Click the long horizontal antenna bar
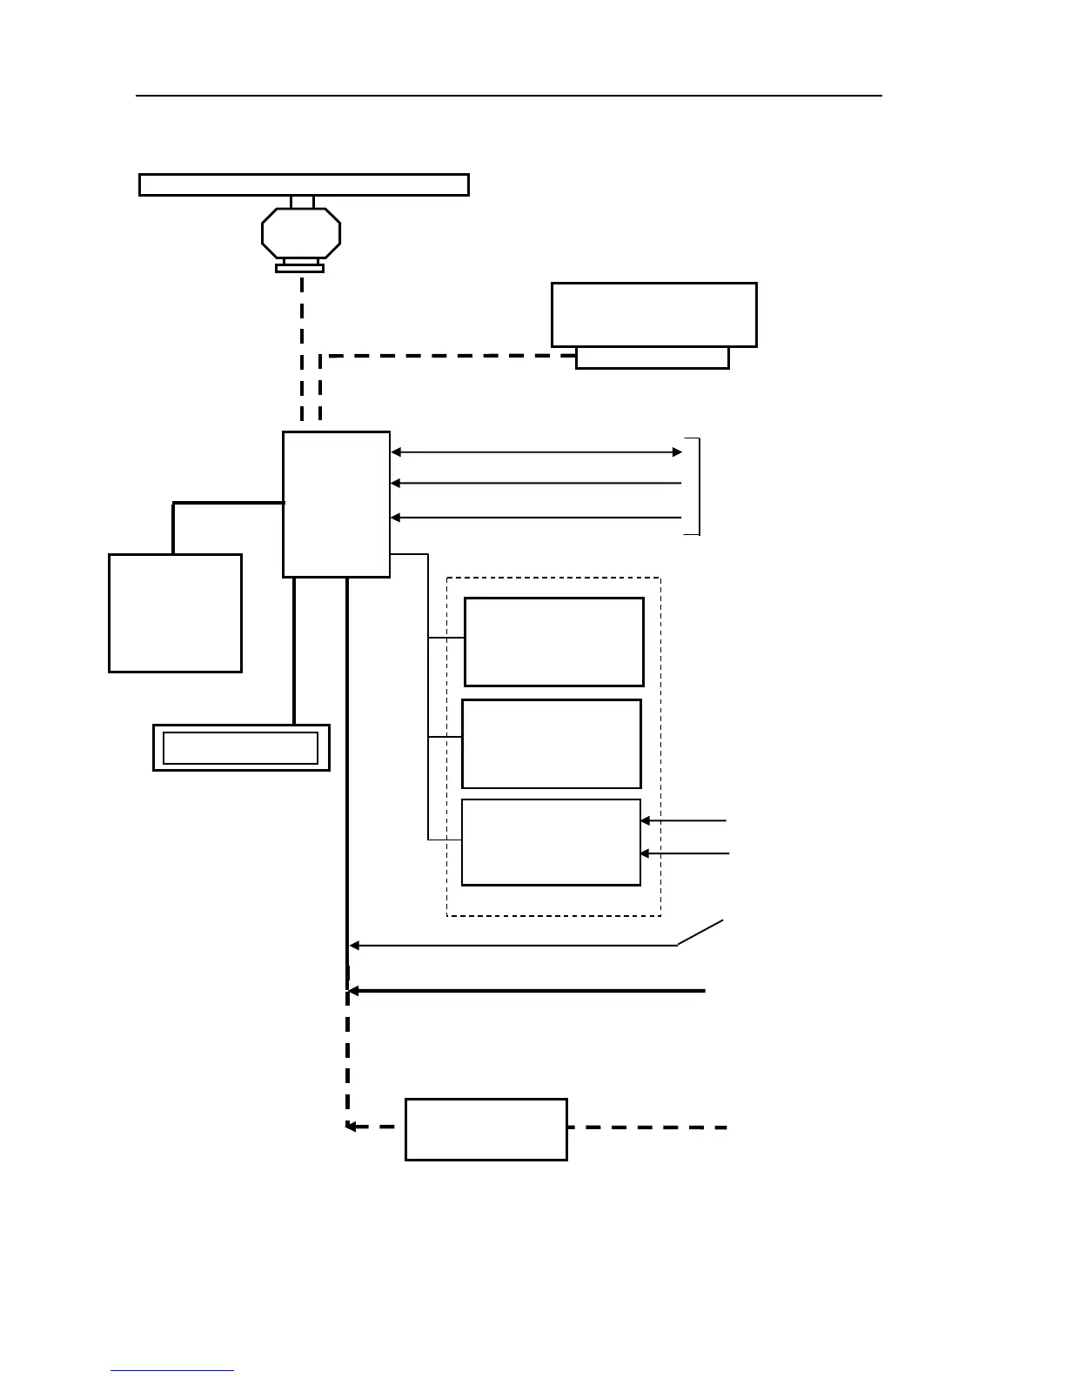[x=304, y=184]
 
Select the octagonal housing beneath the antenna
[x=301, y=233]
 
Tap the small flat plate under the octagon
[x=299, y=269]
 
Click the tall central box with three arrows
[x=336, y=504]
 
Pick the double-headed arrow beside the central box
[x=537, y=452]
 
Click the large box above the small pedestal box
[x=653, y=314]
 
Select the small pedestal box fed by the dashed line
[x=652, y=358]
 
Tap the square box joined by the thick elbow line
[x=175, y=612]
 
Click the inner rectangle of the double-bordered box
[x=240, y=748]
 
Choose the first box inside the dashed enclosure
[x=553, y=641]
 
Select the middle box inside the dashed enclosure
[x=551, y=743]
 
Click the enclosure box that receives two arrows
[x=551, y=842]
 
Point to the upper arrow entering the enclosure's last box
[x=684, y=820]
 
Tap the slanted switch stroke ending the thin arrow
[x=701, y=932]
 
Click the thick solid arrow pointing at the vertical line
[x=526, y=991]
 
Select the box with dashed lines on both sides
[x=486, y=1129]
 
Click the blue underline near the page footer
[x=171, y=1371]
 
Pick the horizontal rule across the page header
[x=508, y=96]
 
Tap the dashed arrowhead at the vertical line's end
[x=351, y=1127]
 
